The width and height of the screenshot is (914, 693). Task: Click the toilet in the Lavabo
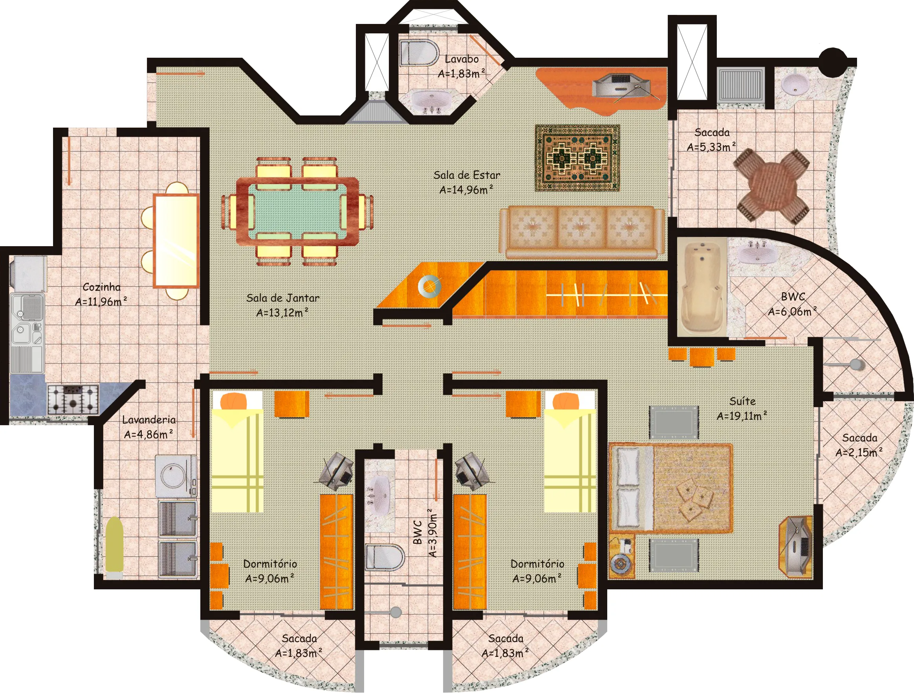419,53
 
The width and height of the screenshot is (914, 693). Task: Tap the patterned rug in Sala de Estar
577,158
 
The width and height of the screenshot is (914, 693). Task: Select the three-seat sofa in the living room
582,232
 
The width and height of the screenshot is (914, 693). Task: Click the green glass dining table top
297,211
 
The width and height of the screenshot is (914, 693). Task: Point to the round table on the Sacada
771,186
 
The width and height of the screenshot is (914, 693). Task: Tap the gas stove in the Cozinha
73,399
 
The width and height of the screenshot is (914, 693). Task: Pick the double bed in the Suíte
670,487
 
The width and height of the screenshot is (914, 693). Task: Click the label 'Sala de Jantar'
283,298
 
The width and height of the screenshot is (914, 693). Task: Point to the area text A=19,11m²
742,415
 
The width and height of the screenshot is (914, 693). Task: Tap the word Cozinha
102,287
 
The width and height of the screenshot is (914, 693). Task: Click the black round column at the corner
833,62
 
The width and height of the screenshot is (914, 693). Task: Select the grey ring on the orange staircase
429,286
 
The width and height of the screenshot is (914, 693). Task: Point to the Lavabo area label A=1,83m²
462,73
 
